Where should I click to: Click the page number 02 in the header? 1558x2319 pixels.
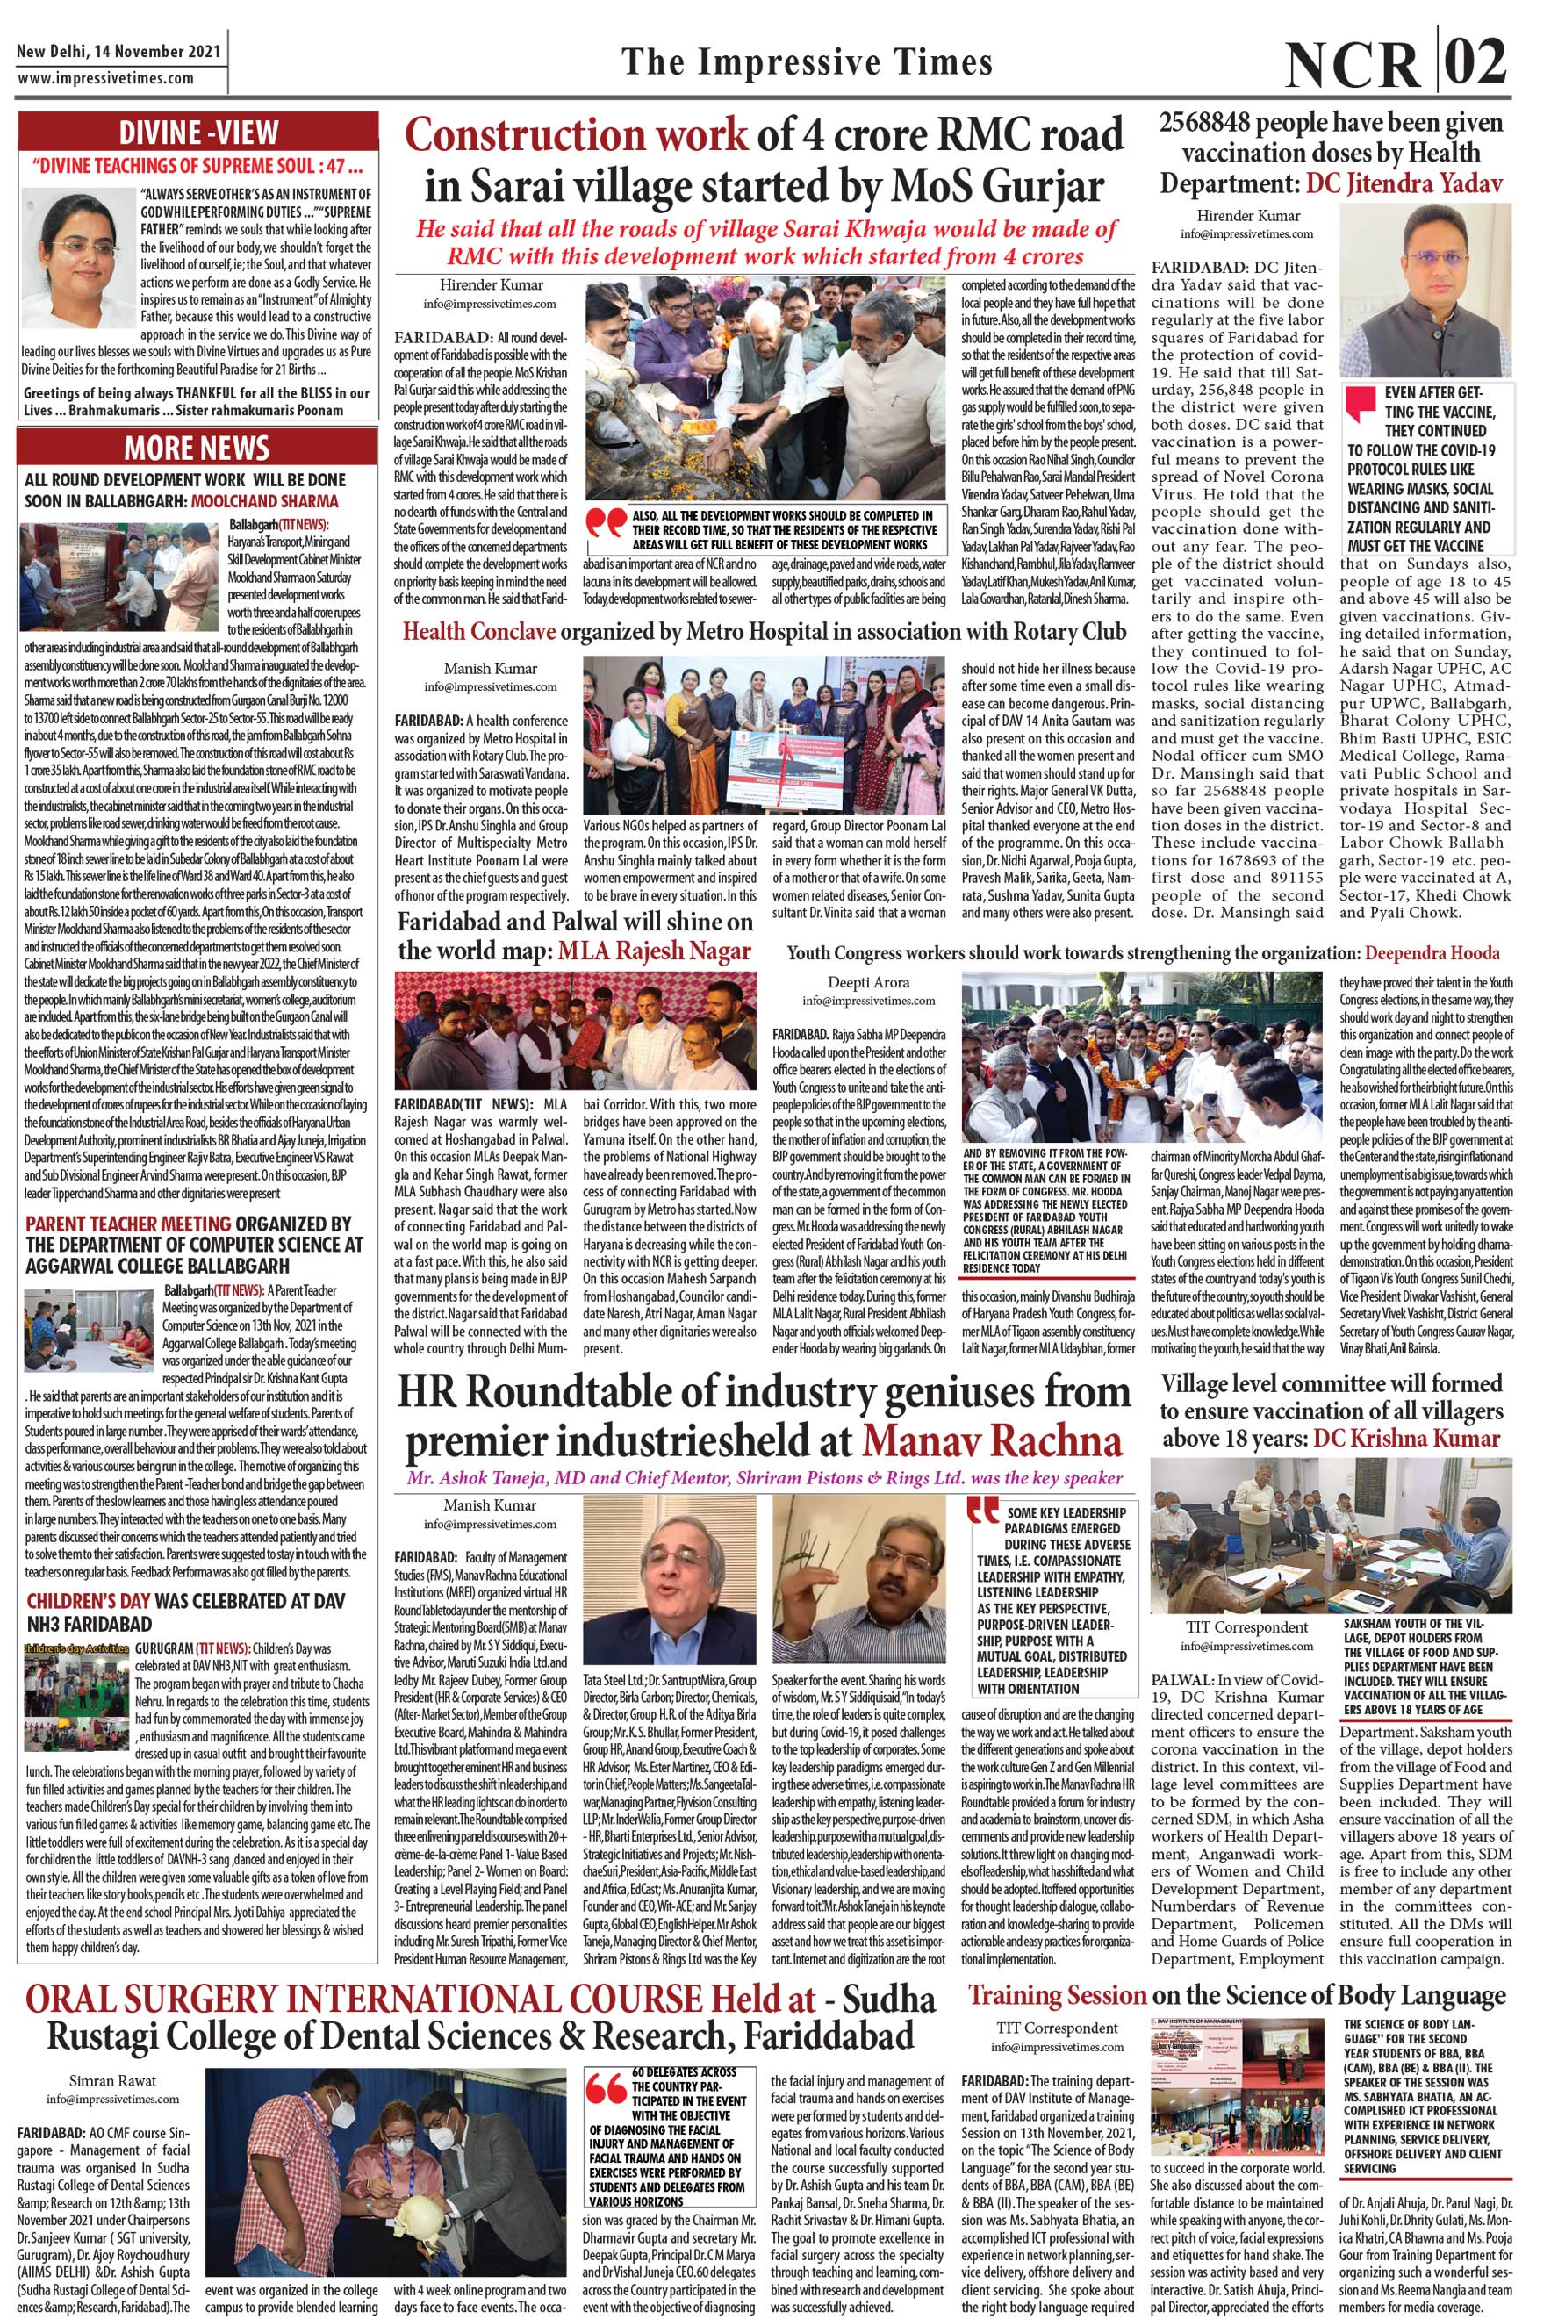pyautogui.click(x=1474, y=61)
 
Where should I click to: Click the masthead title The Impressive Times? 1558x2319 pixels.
pyautogui.click(x=807, y=62)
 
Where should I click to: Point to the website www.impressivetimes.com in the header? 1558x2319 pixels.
pyautogui.click(x=106, y=77)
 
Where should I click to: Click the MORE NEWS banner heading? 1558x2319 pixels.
pyautogui.click(x=197, y=449)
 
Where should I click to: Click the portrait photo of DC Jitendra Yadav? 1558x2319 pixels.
pyautogui.click(x=1424, y=291)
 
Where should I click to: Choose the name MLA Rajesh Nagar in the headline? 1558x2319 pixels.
pyautogui.click(x=654, y=951)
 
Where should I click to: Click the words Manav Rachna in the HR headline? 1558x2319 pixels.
pyautogui.click(x=992, y=1441)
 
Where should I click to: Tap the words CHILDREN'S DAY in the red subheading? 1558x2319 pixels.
pyautogui.click(x=89, y=1602)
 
